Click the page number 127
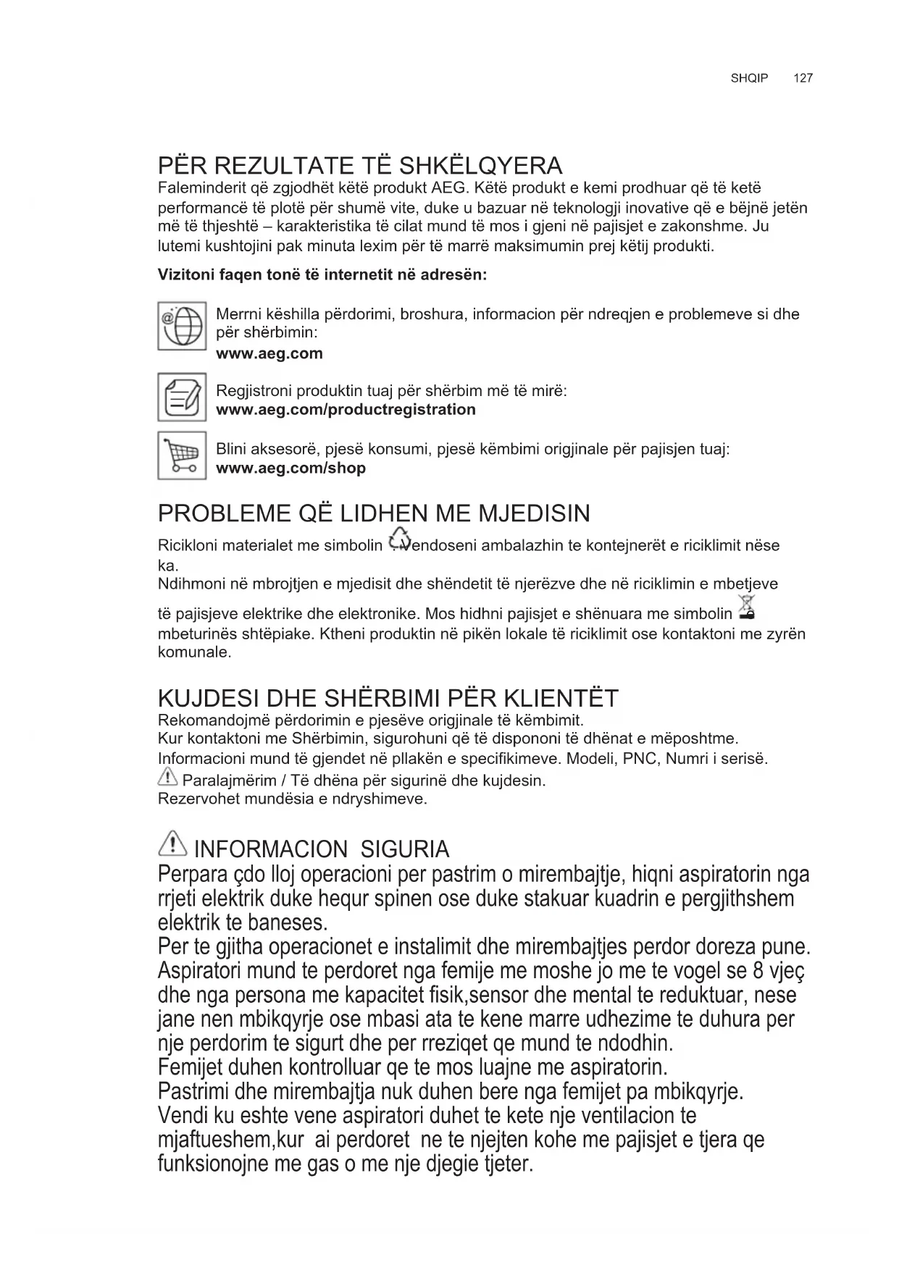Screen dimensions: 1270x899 tap(803, 78)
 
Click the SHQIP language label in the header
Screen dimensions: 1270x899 tap(749, 78)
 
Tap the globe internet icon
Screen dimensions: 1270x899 tap(182, 327)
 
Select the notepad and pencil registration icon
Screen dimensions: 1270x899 tap(182, 397)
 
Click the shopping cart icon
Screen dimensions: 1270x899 tap(182, 455)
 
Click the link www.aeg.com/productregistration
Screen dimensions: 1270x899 tap(346, 410)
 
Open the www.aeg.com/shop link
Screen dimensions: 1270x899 tap(290, 468)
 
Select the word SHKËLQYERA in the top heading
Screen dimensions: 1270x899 tap(481, 166)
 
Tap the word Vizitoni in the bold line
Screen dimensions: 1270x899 tap(186, 276)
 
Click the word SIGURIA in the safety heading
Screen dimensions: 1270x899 tap(404, 849)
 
